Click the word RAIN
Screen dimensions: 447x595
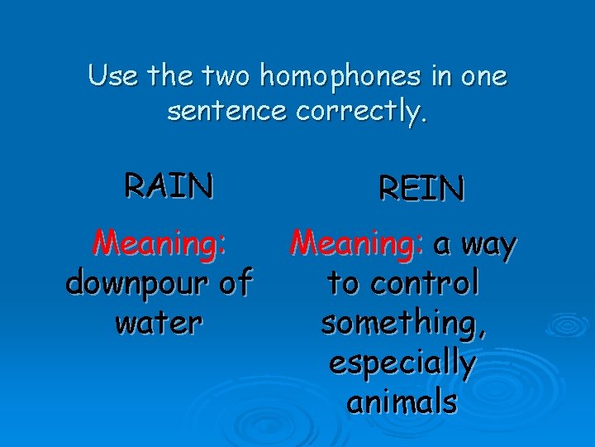pos(169,185)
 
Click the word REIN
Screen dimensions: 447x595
pos(421,189)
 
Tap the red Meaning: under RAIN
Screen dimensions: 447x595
pos(159,243)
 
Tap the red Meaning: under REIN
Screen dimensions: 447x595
pos(358,244)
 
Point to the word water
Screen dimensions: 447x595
pos(159,323)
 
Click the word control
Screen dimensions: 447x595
pos(426,284)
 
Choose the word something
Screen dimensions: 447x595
pos(403,324)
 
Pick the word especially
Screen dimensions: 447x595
pos(402,363)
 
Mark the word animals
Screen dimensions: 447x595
pos(402,401)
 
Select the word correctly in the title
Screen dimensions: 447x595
pos(360,112)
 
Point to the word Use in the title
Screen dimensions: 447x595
pos(112,77)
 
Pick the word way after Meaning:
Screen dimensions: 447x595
pos(488,244)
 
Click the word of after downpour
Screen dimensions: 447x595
pos(235,284)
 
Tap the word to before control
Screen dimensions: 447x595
pos(344,284)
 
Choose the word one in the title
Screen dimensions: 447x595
pos(485,77)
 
